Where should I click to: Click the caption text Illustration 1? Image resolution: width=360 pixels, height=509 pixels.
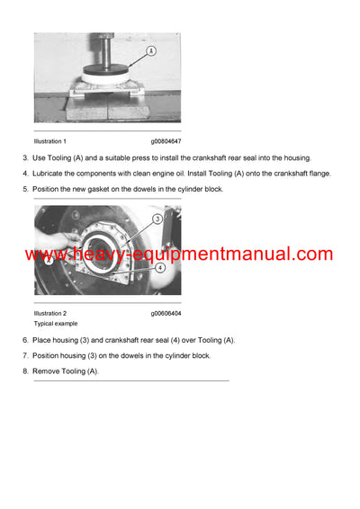[x=50, y=141]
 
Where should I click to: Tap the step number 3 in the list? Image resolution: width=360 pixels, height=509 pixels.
[x=25, y=158]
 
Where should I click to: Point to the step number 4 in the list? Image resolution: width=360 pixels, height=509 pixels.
[x=25, y=174]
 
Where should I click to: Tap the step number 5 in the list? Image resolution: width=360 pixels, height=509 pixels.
[x=25, y=189]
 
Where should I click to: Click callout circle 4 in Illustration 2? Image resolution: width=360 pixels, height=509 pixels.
[x=158, y=267]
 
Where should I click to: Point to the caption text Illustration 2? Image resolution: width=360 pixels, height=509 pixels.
[x=50, y=313]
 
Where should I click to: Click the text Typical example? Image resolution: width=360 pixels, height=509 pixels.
[x=56, y=323]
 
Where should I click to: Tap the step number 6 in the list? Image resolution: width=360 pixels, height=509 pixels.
[x=25, y=340]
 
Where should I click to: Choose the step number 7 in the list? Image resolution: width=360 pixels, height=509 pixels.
[x=25, y=355]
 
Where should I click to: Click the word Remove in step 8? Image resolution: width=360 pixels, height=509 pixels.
[x=47, y=371]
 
